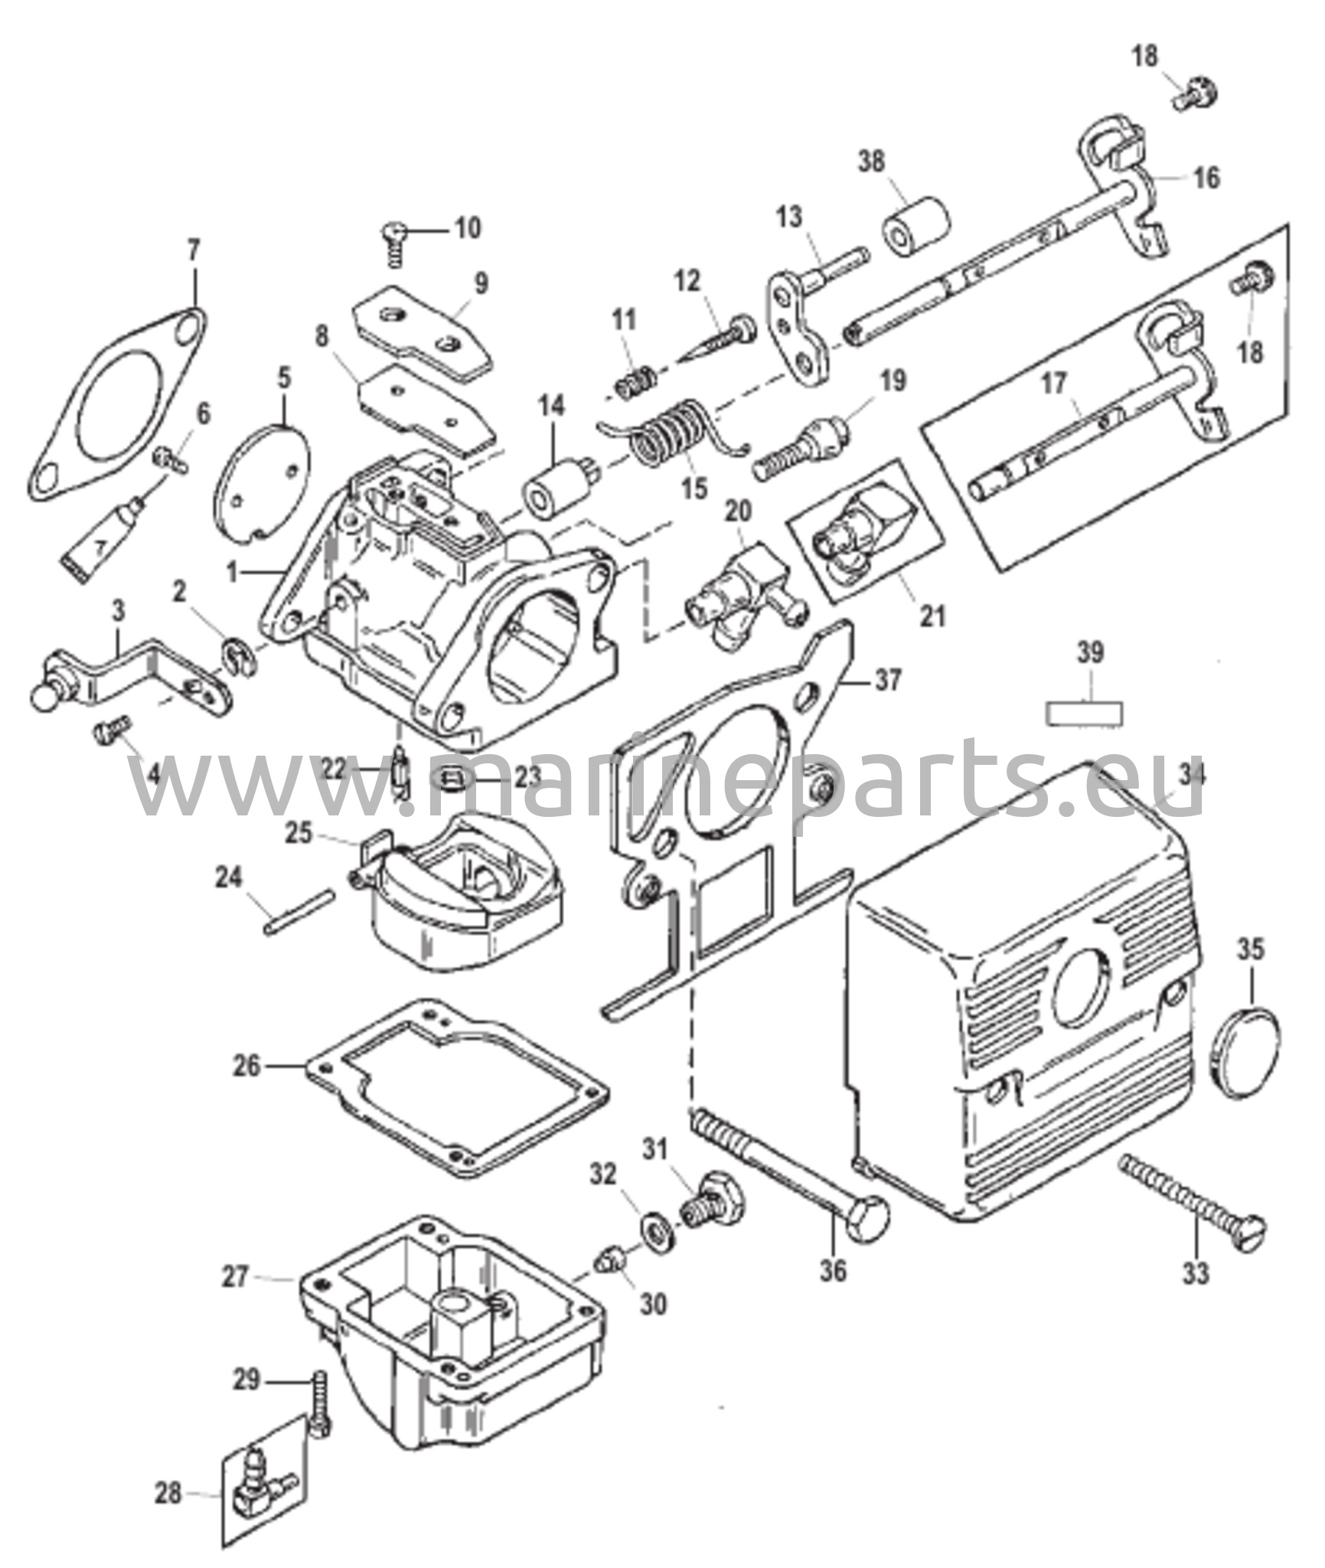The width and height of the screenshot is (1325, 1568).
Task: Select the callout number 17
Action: (1053, 384)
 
